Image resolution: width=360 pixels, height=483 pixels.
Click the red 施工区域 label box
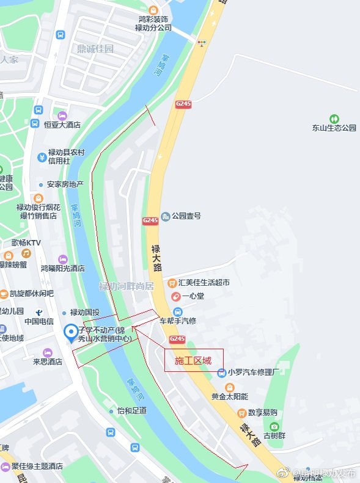pos(194,360)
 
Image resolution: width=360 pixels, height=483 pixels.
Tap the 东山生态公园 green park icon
pos(334,118)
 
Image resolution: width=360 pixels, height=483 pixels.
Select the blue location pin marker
pos(72,333)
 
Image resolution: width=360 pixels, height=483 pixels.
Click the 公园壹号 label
pos(186,216)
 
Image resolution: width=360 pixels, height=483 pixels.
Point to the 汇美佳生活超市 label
pos(204,283)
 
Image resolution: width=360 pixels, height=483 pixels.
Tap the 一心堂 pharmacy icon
pos(175,296)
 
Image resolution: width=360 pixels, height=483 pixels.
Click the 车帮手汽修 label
pos(178,321)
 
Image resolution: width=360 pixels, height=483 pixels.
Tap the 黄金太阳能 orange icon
pos(229,387)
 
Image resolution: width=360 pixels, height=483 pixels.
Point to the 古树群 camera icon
pos(274,426)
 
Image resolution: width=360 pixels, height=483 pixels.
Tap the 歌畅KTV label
pos(26,243)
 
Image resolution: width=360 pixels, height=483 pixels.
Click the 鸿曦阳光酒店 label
pos(63,268)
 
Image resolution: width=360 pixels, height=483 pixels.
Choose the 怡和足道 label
pos(132,411)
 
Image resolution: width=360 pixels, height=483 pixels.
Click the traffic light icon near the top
pos(202,42)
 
